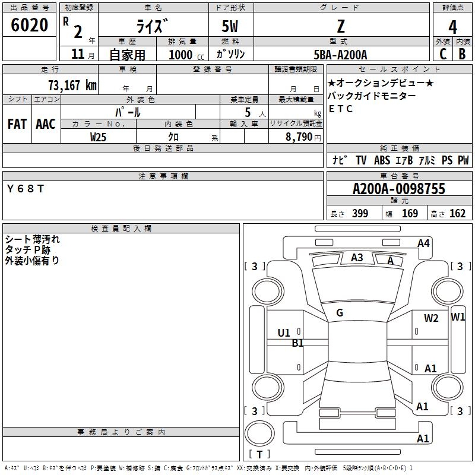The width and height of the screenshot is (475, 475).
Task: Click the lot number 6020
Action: (x=29, y=26)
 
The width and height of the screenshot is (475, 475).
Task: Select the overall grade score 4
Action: (x=452, y=27)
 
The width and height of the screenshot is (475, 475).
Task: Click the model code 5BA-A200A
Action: (x=340, y=55)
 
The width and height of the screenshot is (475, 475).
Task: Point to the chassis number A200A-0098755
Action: (x=398, y=189)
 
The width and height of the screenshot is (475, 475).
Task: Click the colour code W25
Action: (x=98, y=137)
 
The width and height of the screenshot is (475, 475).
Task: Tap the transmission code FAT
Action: (x=17, y=124)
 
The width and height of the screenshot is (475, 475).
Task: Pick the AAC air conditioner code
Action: (x=45, y=124)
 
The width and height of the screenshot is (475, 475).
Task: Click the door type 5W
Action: (x=231, y=27)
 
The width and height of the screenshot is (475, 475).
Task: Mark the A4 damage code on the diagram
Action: (x=423, y=243)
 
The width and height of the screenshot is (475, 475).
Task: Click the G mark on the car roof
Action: (x=340, y=313)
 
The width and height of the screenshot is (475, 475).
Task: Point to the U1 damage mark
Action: (x=284, y=333)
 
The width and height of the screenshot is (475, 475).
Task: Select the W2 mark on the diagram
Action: (x=431, y=318)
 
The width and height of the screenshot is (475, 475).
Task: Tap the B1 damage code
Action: (x=297, y=343)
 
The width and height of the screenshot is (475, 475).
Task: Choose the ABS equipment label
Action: (x=382, y=160)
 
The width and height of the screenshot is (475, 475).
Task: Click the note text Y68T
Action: (x=25, y=189)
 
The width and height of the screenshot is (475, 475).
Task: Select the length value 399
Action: (x=360, y=214)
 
